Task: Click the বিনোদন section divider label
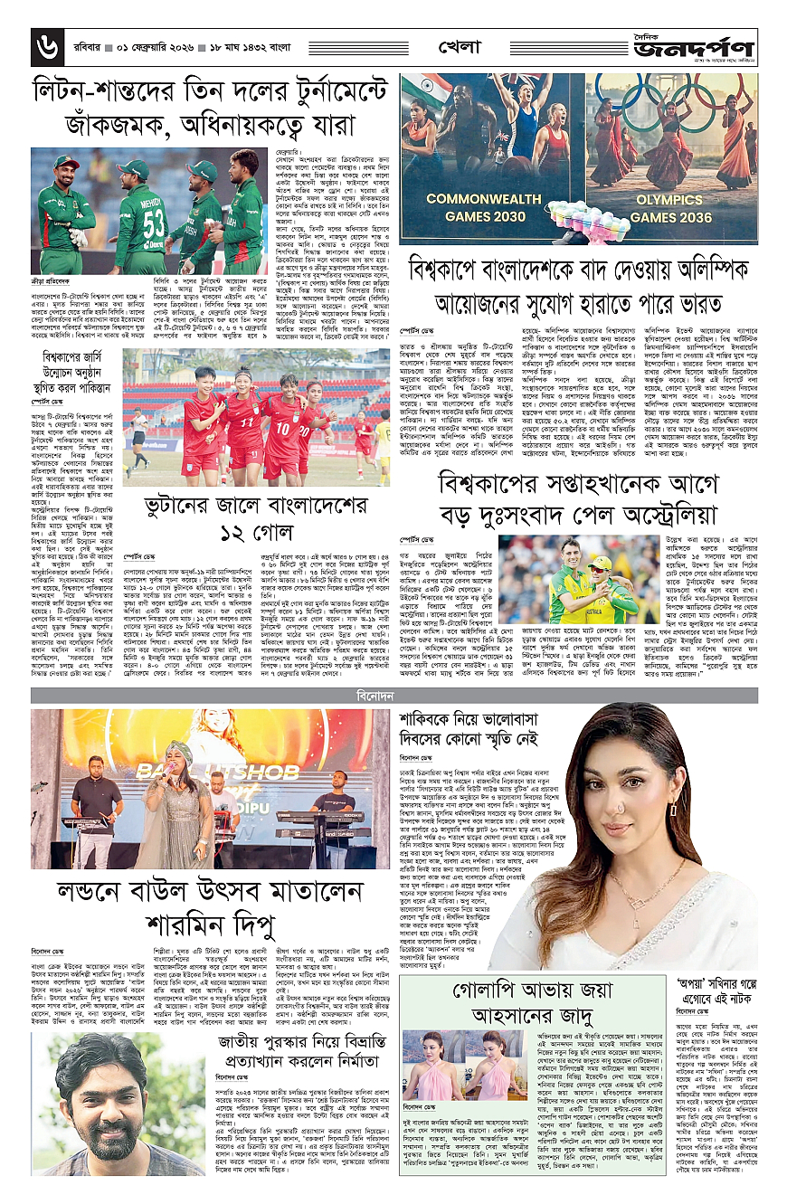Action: pyautogui.click(x=394, y=695)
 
